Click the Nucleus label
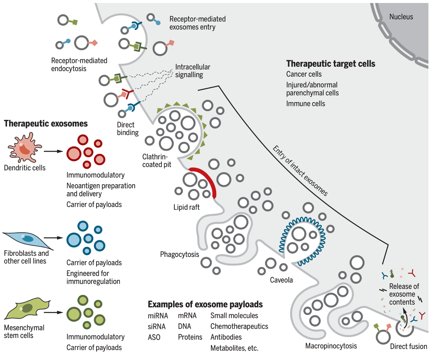point(401,17)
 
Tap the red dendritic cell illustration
point(25,147)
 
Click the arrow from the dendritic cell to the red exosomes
point(53,151)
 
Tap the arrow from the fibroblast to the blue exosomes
point(53,238)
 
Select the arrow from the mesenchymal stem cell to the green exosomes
point(53,312)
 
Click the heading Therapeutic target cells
point(331,64)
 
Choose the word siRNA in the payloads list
point(157,326)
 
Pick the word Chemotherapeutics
point(239,326)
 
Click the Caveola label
point(281,280)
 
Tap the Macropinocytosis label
point(331,346)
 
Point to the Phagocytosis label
point(179,254)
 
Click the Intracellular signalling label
point(192,71)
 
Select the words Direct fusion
point(409,346)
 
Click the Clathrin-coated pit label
point(157,161)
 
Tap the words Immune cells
point(306,104)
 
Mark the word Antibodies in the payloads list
point(226,337)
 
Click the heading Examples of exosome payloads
point(205,304)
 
